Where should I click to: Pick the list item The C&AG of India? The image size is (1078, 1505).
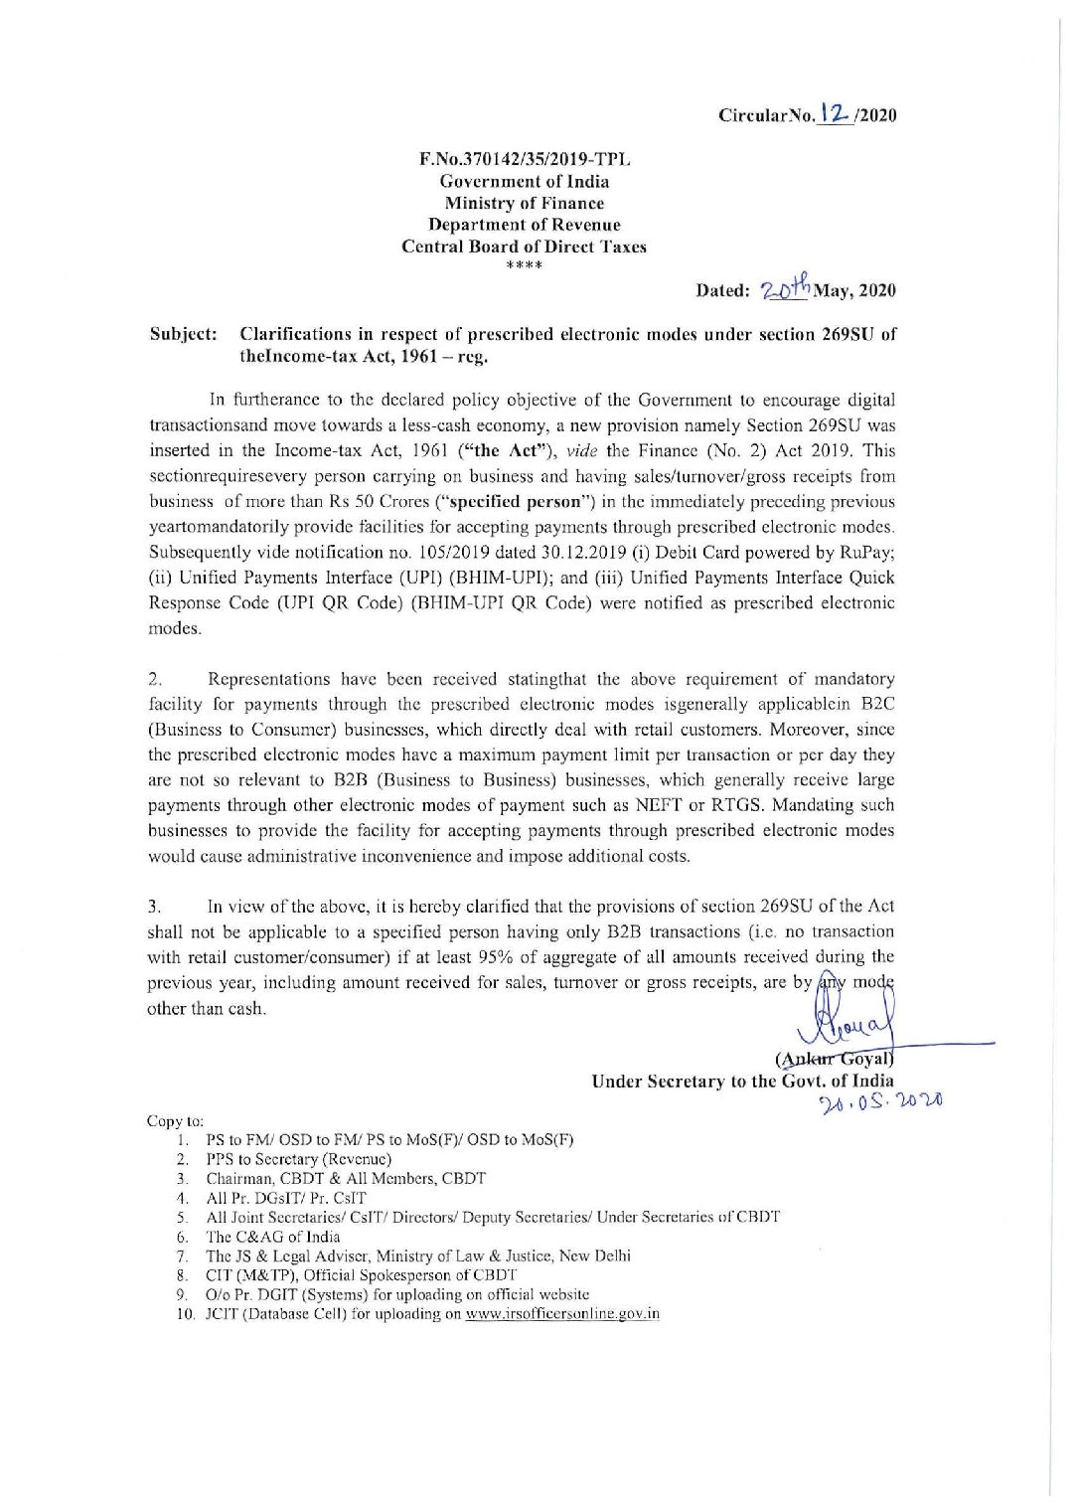click(272, 1237)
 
